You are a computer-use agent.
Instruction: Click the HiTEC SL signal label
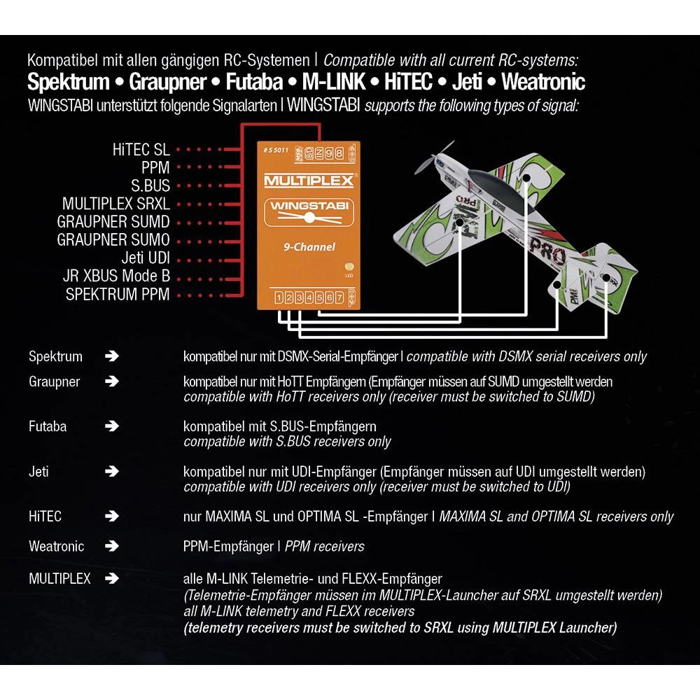[x=141, y=150]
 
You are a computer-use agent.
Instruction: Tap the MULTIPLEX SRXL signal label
[x=115, y=204]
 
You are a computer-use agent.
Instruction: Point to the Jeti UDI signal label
[x=145, y=258]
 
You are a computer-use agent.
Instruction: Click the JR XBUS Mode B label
[x=116, y=276]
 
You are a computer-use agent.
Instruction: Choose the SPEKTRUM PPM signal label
[x=118, y=294]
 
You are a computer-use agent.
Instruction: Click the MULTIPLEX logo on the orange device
[x=309, y=181]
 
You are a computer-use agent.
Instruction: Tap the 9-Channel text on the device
[x=309, y=246]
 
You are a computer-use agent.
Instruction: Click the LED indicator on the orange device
[x=349, y=267]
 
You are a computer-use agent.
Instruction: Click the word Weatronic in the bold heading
[x=543, y=82]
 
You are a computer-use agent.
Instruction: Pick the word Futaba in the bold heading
[x=253, y=82]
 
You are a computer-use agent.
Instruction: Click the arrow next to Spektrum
[x=111, y=356]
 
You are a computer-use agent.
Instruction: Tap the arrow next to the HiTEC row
[x=111, y=517]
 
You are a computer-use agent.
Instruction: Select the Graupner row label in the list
[x=54, y=382]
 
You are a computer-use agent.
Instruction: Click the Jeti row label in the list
[x=39, y=471]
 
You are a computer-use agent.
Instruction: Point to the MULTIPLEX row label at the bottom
[x=59, y=579]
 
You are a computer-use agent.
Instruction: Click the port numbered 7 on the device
[x=339, y=298]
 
